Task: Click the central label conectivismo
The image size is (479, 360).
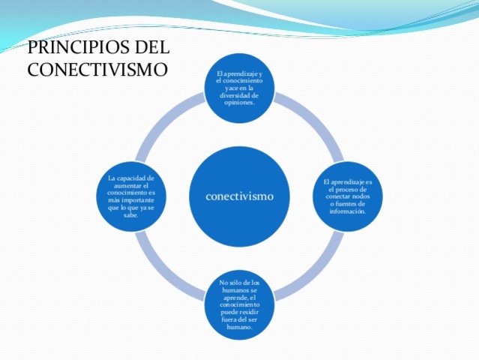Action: pyautogui.click(x=239, y=196)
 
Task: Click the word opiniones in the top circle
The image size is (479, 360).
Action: pyautogui.click(x=239, y=103)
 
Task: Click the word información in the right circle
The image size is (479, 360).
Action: pyautogui.click(x=347, y=211)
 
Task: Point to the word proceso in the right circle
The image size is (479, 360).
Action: pyautogui.click(x=353, y=190)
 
